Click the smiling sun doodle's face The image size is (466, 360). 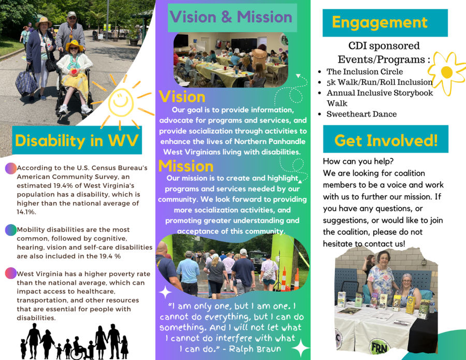121,102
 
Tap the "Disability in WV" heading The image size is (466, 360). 77,140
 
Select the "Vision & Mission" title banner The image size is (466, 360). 232,17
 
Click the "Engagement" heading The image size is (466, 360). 380,22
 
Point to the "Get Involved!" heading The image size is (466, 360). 386,140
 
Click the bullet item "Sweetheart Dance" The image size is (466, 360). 361,114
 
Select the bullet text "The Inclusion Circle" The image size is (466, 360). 365,71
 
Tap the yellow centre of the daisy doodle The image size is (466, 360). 447,72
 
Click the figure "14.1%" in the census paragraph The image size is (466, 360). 26,212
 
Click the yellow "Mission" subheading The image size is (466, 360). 186,166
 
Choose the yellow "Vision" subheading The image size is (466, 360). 182,97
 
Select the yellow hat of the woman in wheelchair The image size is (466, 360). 74,46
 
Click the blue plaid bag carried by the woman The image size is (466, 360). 26,83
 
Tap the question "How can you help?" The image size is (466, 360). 358,161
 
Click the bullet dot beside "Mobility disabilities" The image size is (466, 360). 11,230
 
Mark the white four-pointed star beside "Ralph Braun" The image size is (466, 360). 300,347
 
